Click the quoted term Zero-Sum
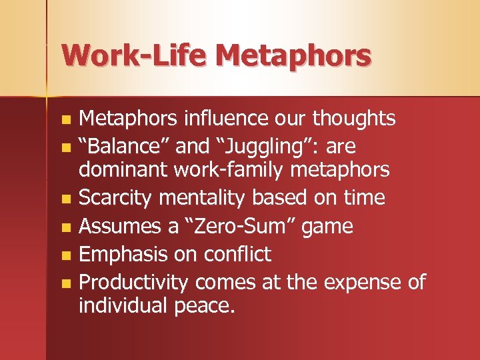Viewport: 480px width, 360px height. pos(238,226)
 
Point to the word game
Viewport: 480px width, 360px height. pos(327,227)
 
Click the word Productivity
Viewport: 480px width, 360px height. pos(133,283)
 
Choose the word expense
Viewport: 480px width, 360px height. pos(360,283)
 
